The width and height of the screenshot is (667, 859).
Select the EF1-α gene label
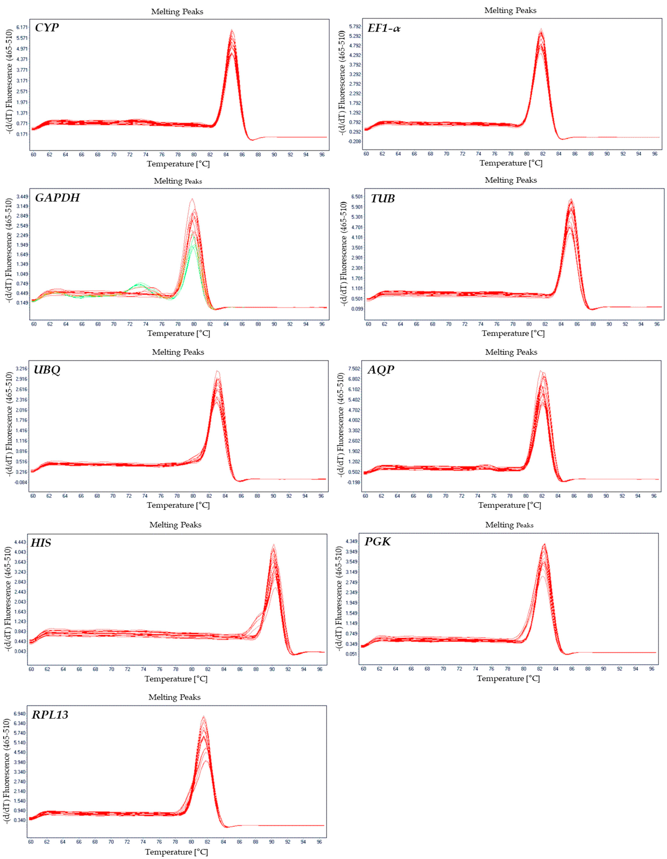[384, 28]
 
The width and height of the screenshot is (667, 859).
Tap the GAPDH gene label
[57, 197]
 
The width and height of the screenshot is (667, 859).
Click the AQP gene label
[381, 370]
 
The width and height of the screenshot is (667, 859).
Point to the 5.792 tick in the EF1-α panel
[355, 26]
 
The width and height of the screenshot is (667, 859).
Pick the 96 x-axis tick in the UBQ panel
[321, 496]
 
